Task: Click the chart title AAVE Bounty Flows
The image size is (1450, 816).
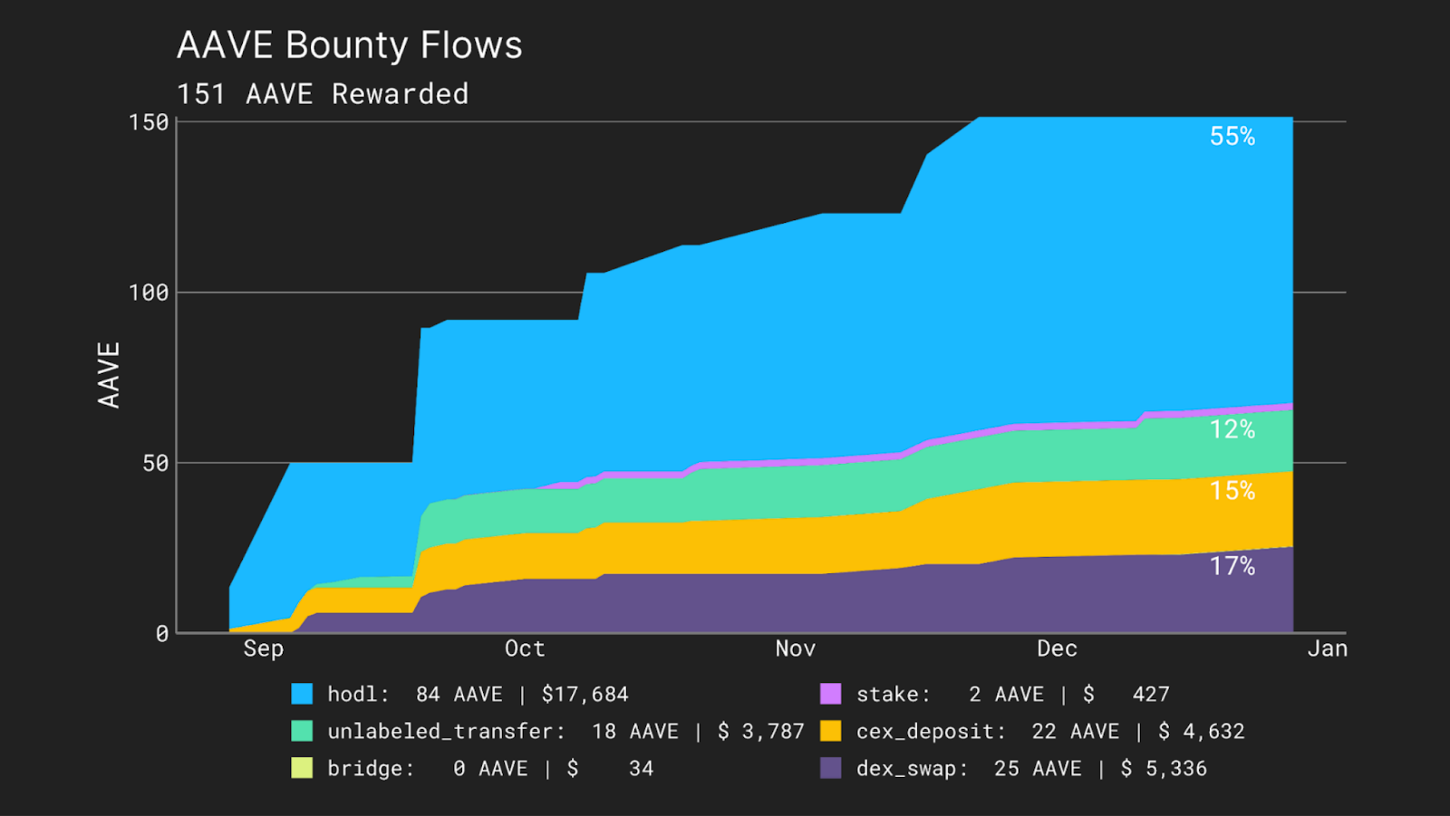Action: (x=349, y=45)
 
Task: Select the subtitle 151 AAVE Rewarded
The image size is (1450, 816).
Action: (x=323, y=94)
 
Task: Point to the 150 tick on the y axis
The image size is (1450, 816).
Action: (x=149, y=122)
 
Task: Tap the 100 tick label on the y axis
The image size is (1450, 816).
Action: (x=149, y=293)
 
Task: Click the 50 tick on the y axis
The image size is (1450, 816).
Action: (x=155, y=463)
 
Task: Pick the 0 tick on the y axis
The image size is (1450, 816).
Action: (x=162, y=634)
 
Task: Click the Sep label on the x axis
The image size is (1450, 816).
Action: (x=264, y=648)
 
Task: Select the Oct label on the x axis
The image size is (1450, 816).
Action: (x=525, y=648)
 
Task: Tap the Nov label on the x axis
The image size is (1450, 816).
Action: (x=796, y=648)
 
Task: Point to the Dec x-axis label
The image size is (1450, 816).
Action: (x=1057, y=648)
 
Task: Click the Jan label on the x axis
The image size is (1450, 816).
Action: (x=1327, y=648)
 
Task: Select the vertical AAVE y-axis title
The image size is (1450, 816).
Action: (x=109, y=375)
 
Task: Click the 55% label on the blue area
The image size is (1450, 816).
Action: (x=1232, y=137)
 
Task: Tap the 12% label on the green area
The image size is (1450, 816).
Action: (x=1232, y=429)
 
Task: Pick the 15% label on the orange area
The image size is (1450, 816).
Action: (x=1232, y=491)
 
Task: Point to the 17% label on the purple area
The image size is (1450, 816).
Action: (x=1232, y=566)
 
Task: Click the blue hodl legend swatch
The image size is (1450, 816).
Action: (x=302, y=694)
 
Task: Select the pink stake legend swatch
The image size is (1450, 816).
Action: (x=830, y=694)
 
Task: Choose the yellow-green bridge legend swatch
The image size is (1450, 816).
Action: (x=302, y=768)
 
